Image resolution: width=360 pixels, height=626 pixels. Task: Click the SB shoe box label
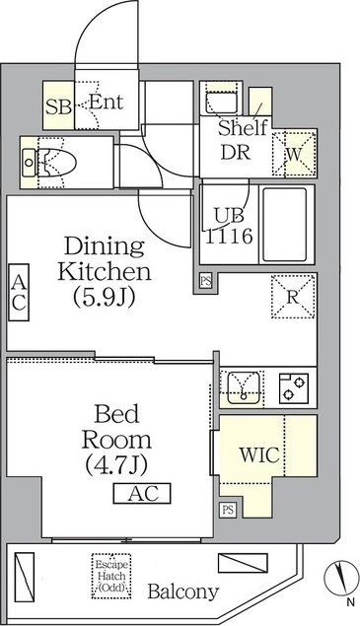click(x=58, y=106)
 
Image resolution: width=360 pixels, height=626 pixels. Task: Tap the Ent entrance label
click(x=106, y=103)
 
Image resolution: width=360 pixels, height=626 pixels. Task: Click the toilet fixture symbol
click(x=48, y=163)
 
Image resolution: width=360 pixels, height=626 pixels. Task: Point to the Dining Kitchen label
click(x=105, y=272)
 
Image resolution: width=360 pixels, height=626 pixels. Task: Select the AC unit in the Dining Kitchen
click(x=19, y=292)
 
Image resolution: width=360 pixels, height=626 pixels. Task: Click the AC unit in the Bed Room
click(x=142, y=494)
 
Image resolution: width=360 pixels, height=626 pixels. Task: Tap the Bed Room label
click(x=116, y=439)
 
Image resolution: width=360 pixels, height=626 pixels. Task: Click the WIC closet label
click(x=259, y=454)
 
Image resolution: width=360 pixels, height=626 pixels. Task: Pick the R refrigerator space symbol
click(x=293, y=297)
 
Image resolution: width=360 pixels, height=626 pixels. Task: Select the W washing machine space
click(x=295, y=154)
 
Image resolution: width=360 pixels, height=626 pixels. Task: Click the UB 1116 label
click(x=229, y=226)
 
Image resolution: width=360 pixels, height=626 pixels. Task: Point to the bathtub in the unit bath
click(x=285, y=225)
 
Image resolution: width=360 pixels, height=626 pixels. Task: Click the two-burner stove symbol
click(x=294, y=388)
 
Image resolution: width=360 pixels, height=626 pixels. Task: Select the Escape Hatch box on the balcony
click(x=111, y=576)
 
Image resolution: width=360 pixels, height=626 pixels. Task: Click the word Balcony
click(x=183, y=591)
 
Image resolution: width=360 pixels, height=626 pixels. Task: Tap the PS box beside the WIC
click(x=228, y=510)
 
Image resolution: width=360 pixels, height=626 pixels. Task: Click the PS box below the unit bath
click(x=206, y=281)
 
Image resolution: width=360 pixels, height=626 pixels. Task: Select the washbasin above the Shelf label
click(x=221, y=100)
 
